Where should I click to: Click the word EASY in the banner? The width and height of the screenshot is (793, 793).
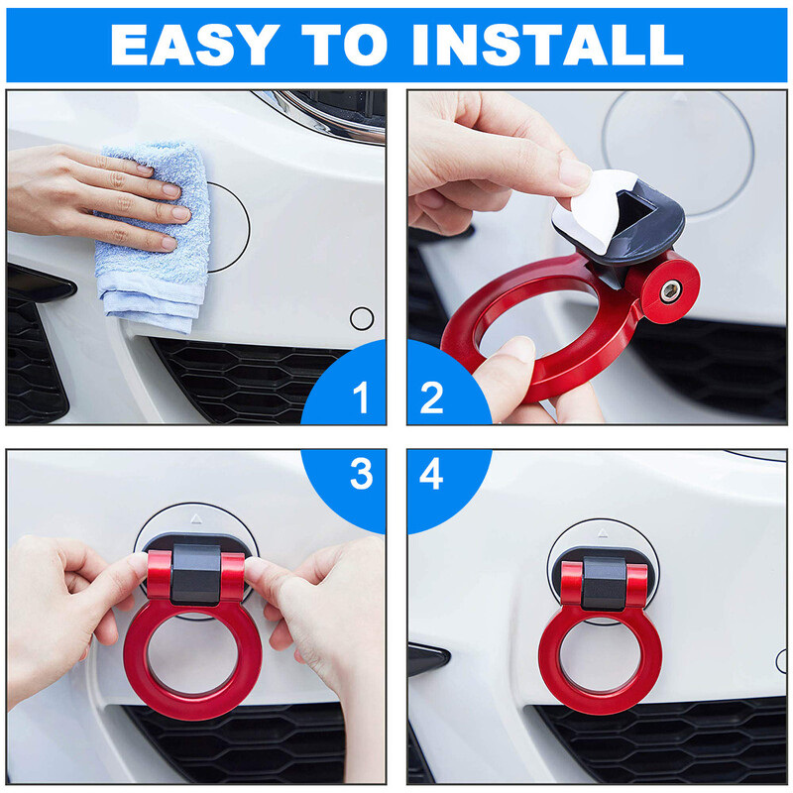(194, 45)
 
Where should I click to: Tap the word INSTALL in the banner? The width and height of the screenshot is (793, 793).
(548, 45)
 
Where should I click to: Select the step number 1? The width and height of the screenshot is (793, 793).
(361, 397)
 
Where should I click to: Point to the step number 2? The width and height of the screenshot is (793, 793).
(431, 397)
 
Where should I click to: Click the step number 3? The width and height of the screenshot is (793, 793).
(361, 474)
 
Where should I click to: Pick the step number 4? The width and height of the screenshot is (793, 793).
(431, 474)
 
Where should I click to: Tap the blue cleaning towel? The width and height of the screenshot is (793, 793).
(155, 238)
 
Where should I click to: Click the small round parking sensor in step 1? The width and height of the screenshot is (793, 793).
(362, 318)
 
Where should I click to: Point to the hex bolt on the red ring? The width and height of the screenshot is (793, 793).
(670, 291)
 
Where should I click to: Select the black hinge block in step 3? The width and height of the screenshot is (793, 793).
(195, 575)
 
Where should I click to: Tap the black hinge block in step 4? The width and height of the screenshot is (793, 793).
(604, 583)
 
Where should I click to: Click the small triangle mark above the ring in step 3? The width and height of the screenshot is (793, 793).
(196, 518)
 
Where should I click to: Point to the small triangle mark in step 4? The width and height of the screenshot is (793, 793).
(602, 533)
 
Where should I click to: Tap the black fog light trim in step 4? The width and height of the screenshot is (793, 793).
(427, 658)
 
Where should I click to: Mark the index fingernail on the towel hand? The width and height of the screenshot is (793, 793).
(170, 190)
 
